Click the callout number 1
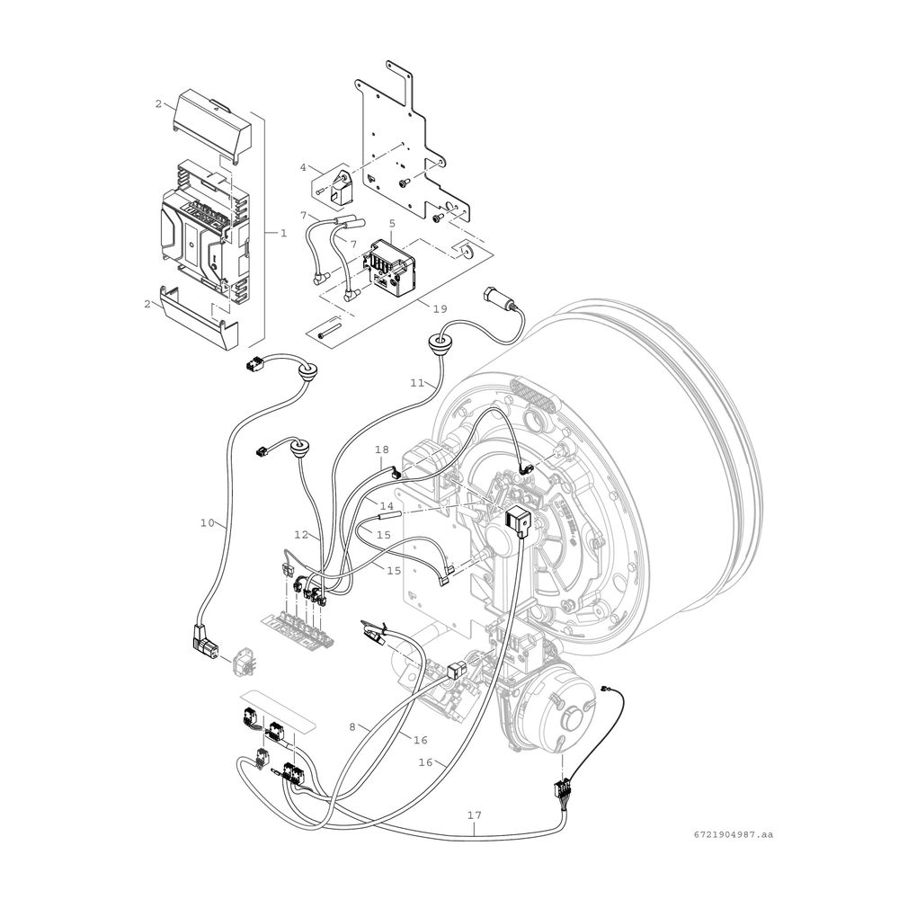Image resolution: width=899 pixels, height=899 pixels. click(x=283, y=234)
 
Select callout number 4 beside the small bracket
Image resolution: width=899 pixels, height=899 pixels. click(x=303, y=167)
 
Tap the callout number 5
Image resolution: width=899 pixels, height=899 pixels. click(x=392, y=222)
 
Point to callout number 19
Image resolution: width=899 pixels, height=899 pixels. click(x=440, y=309)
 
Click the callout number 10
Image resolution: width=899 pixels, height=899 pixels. click(x=208, y=522)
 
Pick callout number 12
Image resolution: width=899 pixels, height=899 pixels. click(x=301, y=535)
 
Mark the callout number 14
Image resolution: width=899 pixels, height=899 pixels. click(x=387, y=506)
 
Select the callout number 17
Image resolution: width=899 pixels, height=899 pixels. click(x=474, y=814)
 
